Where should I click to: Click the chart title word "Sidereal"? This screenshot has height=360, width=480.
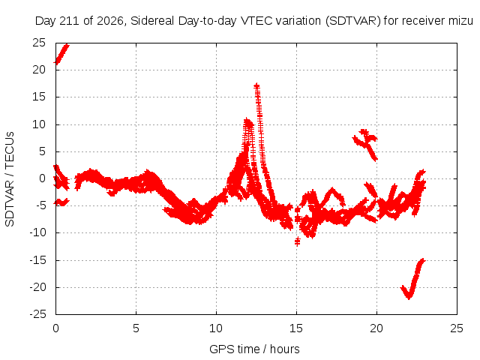pyautogui.click(x=152, y=21)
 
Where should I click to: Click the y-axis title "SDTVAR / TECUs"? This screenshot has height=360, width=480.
pyautogui.click(x=10, y=179)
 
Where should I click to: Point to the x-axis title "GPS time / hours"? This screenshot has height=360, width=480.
pyautogui.click(x=254, y=349)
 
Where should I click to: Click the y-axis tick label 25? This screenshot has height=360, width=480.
pyautogui.click(x=39, y=43)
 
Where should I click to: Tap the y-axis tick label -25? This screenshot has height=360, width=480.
pyautogui.click(x=37, y=314)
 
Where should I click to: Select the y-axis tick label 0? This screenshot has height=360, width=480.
pyautogui.click(x=42, y=178)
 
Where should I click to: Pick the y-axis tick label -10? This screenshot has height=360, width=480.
pyautogui.click(x=37, y=232)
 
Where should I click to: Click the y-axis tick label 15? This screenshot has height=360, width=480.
pyautogui.click(x=39, y=97)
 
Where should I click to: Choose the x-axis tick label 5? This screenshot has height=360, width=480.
pyautogui.click(x=136, y=328)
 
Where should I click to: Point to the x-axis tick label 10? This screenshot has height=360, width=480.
pyautogui.click(x=216, y=328)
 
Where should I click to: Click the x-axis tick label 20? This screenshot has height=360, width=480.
pyautogui.click(x=376, y=328)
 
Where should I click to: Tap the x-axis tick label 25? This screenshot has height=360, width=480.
pyautogui.click(x=457, y=328)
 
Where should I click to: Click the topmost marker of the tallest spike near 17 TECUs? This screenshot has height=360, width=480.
pyautogui.click(x=256, y=86)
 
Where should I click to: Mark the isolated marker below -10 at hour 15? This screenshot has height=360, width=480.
pyautogui.click(x=297, y=241)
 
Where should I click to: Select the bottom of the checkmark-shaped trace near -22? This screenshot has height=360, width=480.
pyautogui.click(x=409, y=296)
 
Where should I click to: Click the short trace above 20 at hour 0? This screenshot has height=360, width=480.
pyautogui.click(x=61, y=54)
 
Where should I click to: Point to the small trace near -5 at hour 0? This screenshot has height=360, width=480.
pyautogui.click(x=61, y=202)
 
